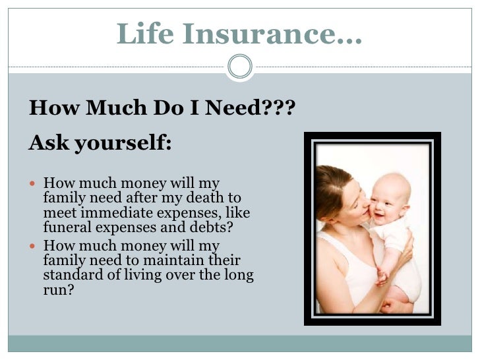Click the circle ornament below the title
click(x=239, y=65)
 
